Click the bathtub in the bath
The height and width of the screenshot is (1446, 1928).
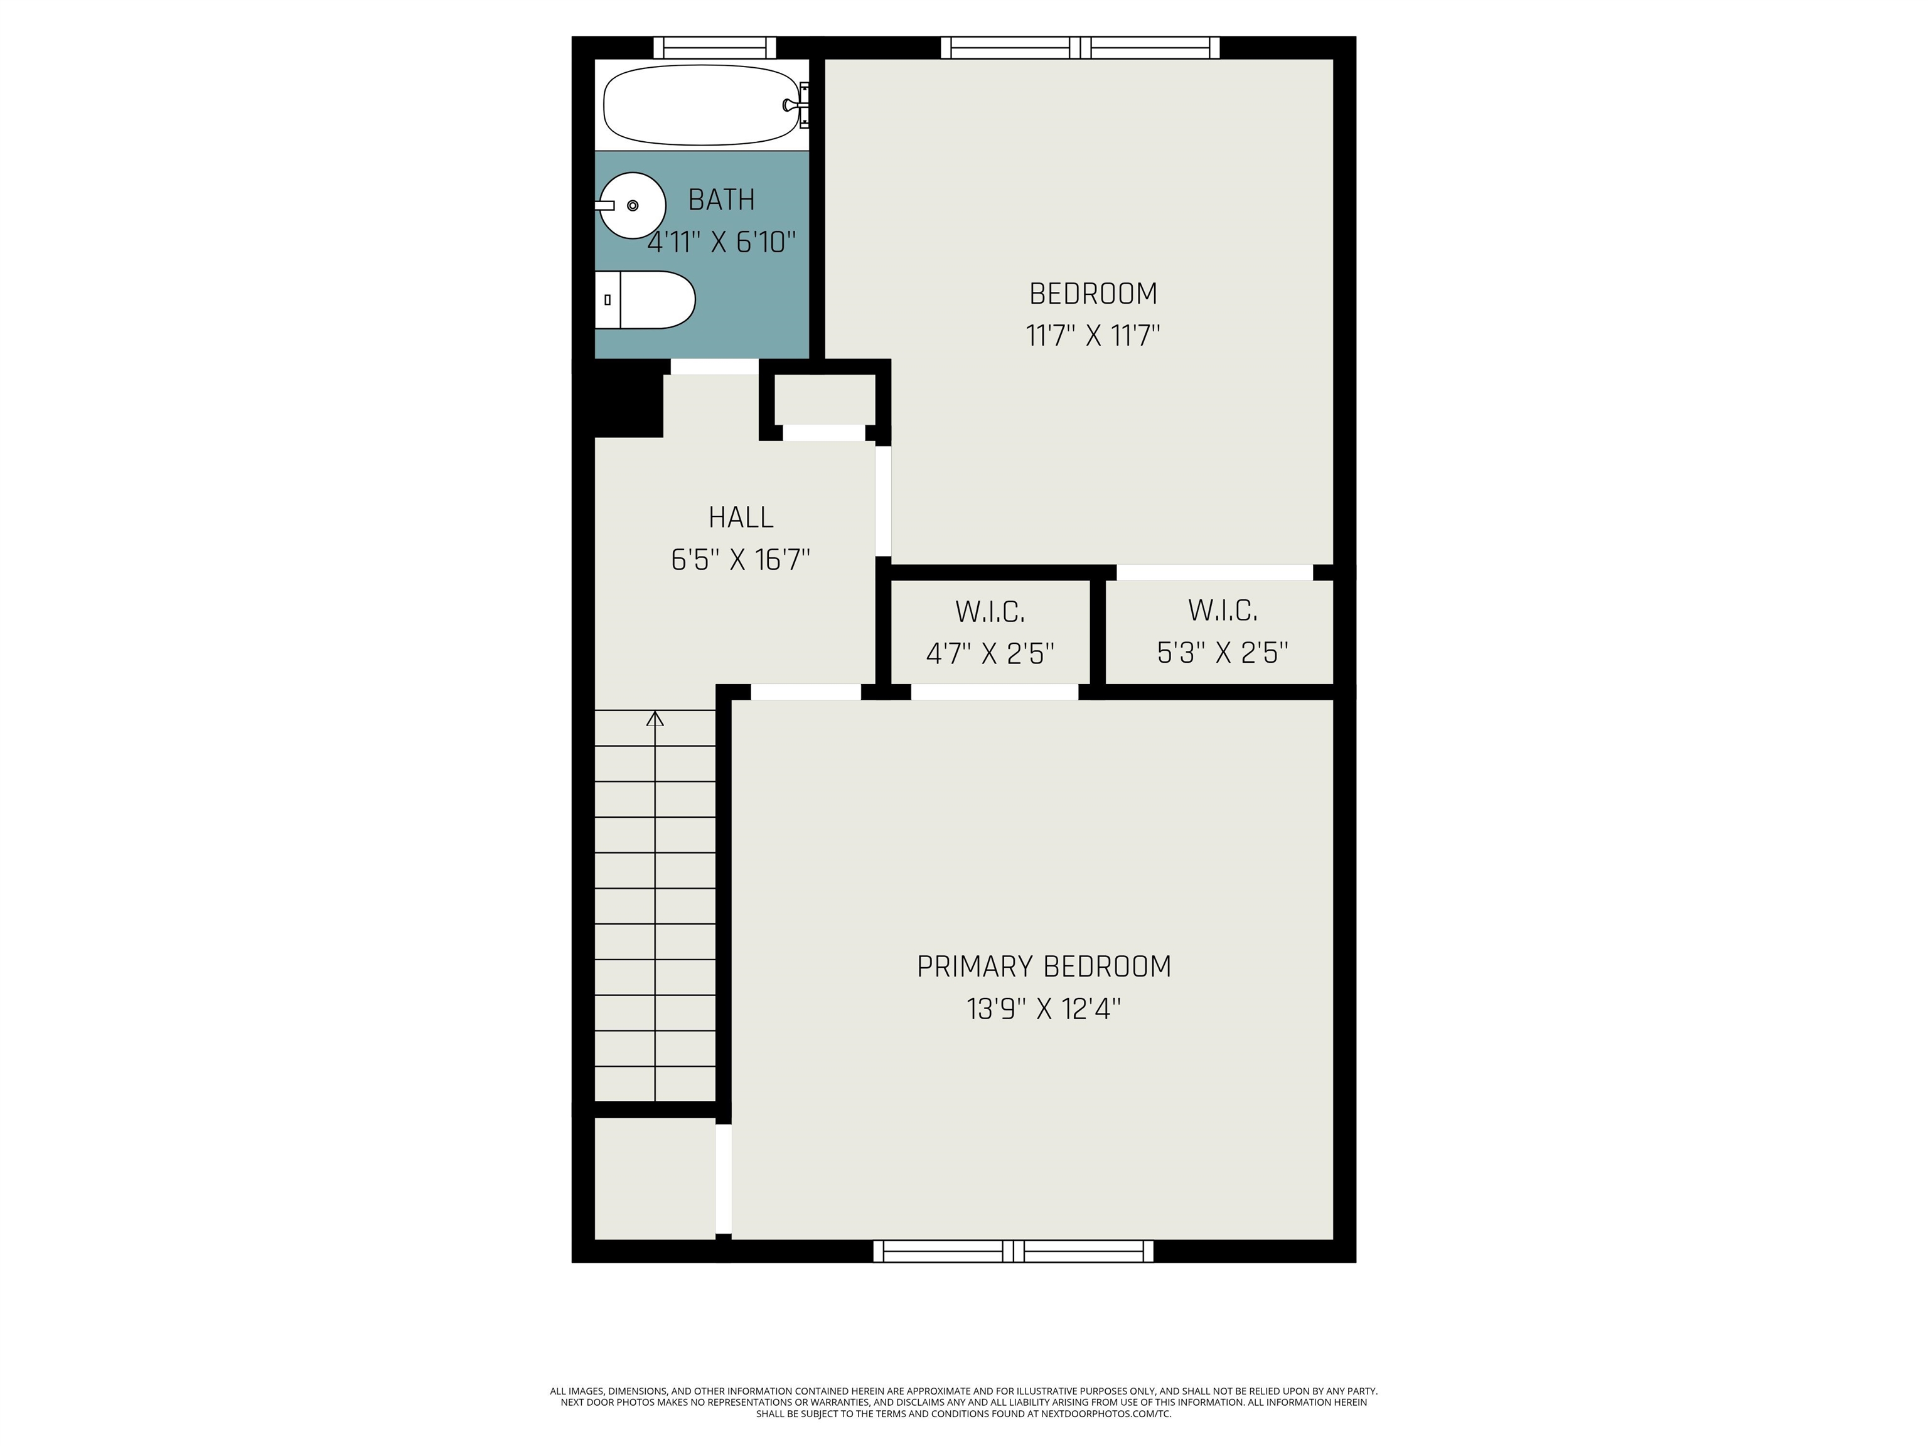click(x=702, y=105)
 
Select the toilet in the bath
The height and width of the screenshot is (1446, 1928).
click(x=645, y=300)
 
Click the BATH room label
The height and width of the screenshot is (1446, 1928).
click(x=721, y=200)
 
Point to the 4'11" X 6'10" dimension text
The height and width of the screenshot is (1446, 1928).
click(x=722, y=242)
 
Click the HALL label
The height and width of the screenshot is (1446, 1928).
click(x=741, y=517)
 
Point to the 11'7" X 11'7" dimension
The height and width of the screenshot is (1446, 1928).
click(x=1093, y=336)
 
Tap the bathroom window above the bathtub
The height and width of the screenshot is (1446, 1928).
click(x=715, y=47)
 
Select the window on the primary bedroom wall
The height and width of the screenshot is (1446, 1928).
click(x=1013, y=1251)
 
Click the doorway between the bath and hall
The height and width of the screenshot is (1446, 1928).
click(x=715, y=367)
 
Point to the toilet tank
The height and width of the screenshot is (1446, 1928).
click(x=608, y=300)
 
